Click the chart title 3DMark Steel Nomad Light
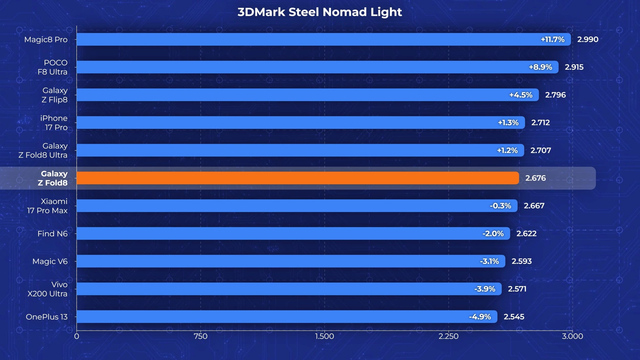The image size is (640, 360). point(320,12)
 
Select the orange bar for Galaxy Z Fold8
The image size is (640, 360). point(298,178)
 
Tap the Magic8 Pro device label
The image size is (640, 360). point(46,40)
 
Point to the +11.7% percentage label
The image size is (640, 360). point(552,39)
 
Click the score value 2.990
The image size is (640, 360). point(588,39)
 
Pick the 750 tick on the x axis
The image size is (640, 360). point(200,336)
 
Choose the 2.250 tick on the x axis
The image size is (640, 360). point(449,336)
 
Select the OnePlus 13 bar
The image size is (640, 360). point(287,317)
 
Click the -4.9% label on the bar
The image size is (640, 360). point(480,317)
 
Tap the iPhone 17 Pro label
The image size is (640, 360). point(54,123)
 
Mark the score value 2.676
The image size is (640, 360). point(536,178)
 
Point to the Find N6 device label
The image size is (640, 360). point(52,234)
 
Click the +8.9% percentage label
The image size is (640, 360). point(540,67)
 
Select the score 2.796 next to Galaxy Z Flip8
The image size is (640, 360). point(555,95)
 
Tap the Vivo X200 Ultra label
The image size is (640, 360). point(47,289)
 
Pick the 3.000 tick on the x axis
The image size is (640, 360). point(572,336)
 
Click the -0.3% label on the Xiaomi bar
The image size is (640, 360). point(500,206)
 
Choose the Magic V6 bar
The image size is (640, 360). point(291,261)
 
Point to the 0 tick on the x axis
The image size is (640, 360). point(77,336)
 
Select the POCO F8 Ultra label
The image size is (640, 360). point(52,67)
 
